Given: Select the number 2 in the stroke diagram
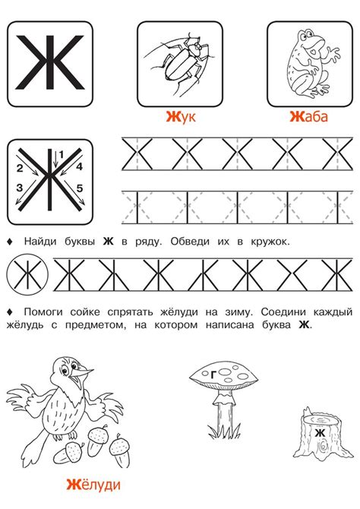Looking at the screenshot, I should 19,167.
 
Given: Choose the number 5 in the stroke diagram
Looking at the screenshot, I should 78,188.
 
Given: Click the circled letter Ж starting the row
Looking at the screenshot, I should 26,272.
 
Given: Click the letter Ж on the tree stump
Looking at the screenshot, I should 320,433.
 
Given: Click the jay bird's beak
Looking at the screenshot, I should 87,373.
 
